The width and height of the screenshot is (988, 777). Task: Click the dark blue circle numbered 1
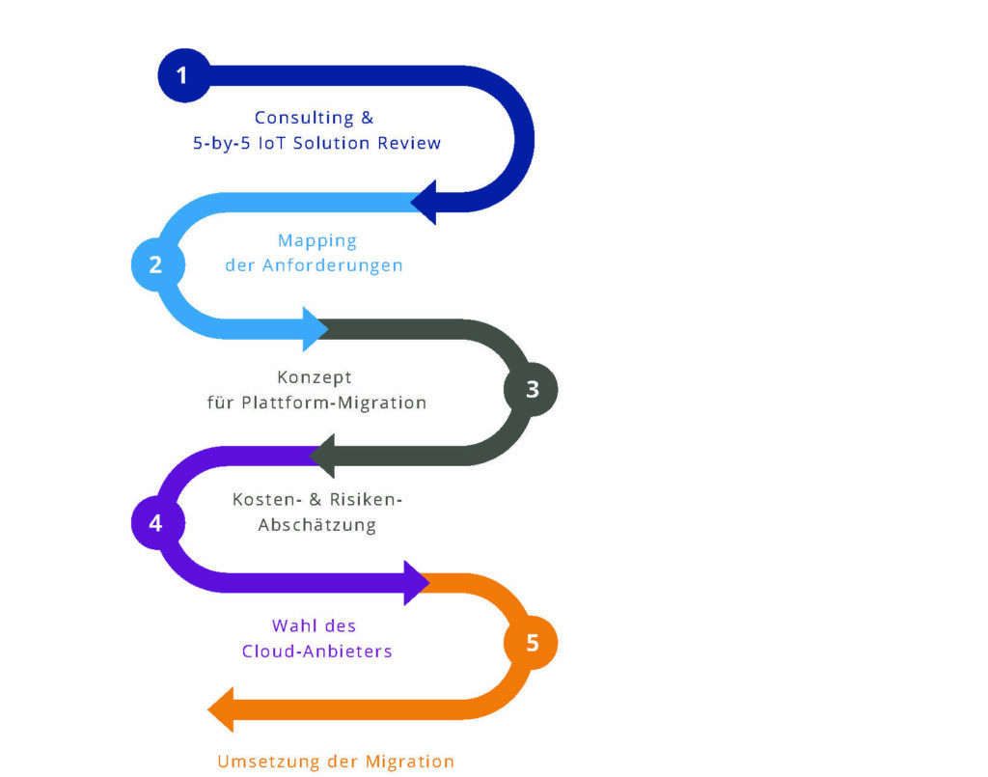pyautogui.click(x=182, y=75)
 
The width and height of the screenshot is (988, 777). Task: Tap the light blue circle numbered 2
pyautogui.click(x=156, y=264)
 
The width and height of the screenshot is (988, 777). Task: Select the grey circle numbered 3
pyautogui.click(x=531, y=390)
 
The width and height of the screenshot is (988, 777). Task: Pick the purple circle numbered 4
pyautogui.click(x=156, y=523)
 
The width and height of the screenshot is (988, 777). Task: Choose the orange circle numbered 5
pyautogui.click(x=532, y=643)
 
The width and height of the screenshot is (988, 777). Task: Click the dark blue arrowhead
pyautogui.click(x=425, y=202)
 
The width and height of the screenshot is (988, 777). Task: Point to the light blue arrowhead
pyautogui.click(x=316, y=328)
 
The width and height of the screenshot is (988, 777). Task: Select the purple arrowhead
pyautogui.click(x=417, y=583)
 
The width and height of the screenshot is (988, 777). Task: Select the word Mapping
pyautogui.click(x=317, y=240)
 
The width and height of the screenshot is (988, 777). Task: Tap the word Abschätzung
pyautogui.click(x=316, y=525)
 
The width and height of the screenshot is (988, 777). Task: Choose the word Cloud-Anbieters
pyautogui.click(x=316, y=651)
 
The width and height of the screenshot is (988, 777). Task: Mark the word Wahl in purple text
pyautogui.click(x=291, y=626)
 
